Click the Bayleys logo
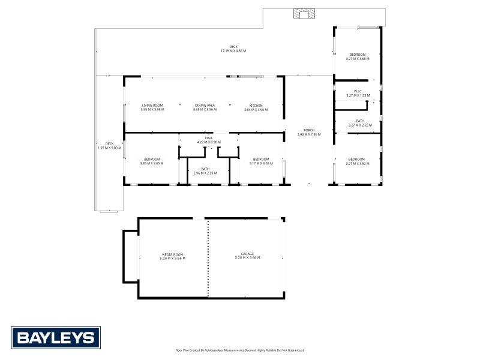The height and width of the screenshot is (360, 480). click(56, 337)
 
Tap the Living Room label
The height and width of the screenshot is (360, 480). click(152, 106)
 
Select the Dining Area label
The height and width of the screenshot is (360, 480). click(205, 106)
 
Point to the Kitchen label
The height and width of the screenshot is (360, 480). click(256, 106)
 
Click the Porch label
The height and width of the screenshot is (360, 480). click(309, 130)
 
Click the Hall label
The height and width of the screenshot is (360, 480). click(209, 138)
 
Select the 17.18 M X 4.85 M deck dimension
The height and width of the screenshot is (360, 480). click(233, 51)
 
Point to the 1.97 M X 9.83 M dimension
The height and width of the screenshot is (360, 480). click(109, 148)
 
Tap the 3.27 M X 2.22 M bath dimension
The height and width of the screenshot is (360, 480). click(360, 125)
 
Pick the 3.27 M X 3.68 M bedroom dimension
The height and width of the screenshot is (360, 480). click(358, 59)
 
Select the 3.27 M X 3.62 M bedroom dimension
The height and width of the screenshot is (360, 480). click(358, 163)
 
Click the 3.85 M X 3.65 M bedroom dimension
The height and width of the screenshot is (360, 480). click(152, 163)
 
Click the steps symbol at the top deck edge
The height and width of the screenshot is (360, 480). click(303, 13)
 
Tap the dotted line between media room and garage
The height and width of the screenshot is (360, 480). click(208, 258)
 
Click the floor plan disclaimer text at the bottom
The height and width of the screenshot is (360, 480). click(240, 350)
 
